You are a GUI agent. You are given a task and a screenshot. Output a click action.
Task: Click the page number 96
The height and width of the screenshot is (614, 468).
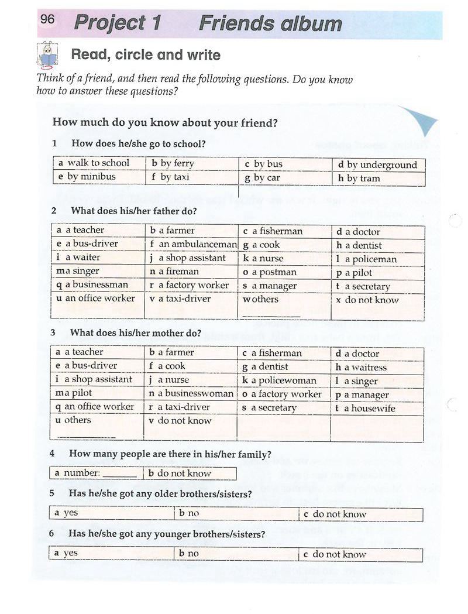coord(48,19)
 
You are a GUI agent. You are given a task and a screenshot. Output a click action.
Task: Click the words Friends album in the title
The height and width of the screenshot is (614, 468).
coord(270,23)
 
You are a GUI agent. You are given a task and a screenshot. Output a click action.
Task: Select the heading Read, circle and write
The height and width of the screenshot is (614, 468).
coord(146,55)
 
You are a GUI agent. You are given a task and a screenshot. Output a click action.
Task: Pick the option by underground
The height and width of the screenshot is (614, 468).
coord(381,165)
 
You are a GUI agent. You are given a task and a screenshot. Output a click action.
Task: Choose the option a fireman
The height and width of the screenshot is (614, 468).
coord(178,272)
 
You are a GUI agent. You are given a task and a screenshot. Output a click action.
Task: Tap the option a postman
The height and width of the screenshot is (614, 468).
coord(274,272)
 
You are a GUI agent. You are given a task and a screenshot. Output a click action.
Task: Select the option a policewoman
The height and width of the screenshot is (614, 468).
coord(283,380)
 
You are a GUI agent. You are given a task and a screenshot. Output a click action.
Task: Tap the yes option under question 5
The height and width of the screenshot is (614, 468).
coord(70,513)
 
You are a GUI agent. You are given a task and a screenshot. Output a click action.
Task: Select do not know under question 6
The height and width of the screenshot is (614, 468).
coord(339,554)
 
